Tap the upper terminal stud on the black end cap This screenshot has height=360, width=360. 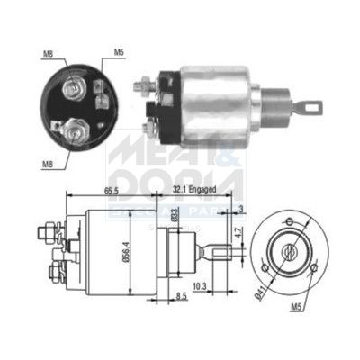(x=72, y=87)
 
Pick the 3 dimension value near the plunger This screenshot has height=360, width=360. (x=242, y=211)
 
